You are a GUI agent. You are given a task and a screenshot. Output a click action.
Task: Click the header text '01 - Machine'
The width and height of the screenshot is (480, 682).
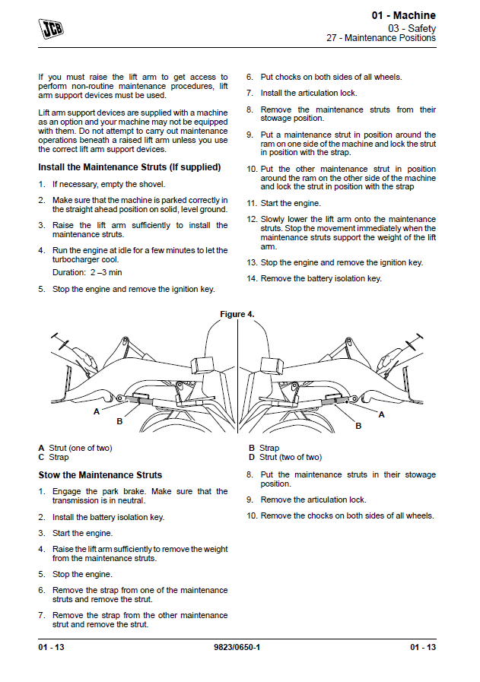(403, 15)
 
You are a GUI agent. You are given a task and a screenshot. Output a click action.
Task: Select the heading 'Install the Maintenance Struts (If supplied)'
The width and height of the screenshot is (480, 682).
(129, 167)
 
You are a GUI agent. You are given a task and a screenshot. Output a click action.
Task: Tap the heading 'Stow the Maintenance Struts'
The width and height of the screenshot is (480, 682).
(100, 475)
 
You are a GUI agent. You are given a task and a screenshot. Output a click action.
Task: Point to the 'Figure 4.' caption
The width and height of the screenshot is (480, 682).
(237, 314)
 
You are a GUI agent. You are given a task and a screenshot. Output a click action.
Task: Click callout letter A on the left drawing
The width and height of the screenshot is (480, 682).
(97, 411)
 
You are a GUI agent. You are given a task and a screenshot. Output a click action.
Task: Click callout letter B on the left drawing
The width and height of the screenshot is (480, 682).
(119, 420)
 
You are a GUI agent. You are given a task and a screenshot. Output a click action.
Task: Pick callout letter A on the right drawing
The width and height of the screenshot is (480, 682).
(381, 414)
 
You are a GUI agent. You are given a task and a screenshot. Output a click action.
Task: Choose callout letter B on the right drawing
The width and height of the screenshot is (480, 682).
(358, 427)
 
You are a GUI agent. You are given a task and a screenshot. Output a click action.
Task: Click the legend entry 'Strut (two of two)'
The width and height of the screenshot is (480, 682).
(290, 457)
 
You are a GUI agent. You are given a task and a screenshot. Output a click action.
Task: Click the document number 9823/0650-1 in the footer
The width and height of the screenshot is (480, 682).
(239, 647)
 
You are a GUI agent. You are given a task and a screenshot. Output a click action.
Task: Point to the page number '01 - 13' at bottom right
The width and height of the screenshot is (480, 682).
(422, 647)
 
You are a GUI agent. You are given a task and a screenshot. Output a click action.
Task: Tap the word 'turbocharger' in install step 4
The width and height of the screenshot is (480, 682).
(77, 259)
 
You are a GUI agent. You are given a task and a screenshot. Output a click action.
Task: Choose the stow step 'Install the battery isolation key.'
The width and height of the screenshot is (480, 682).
(108, 517)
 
